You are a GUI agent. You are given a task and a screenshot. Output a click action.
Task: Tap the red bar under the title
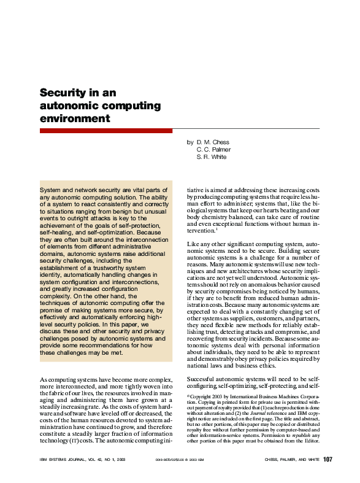coord(106,131)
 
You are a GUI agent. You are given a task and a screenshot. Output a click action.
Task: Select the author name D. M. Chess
coord(212,142)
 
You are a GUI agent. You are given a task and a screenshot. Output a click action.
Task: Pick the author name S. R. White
coord(212,157)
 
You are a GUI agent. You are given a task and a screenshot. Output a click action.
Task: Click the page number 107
coord(327,460)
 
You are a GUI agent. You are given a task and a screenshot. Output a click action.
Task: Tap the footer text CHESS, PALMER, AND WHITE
coord(291,460)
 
